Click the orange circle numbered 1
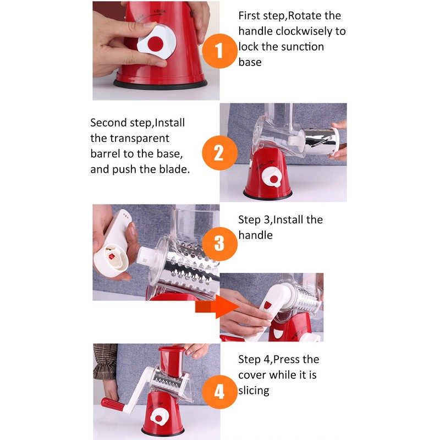click(219, 51)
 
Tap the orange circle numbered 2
click(219, 153)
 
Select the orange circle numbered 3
click(219, 244)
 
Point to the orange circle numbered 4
click(219, 392)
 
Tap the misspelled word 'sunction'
click(302, 47)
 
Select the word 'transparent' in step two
click(140, 139)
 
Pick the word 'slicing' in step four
click(254, 391)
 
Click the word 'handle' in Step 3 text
click(255, 235)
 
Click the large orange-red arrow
click(217, 307)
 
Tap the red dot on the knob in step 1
click(156, 44)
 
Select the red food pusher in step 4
click(172, 361)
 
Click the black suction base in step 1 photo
click(160, 85)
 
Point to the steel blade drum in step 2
click(320, 141)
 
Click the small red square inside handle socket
click(112, 256)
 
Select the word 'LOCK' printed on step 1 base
click(159, 12)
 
